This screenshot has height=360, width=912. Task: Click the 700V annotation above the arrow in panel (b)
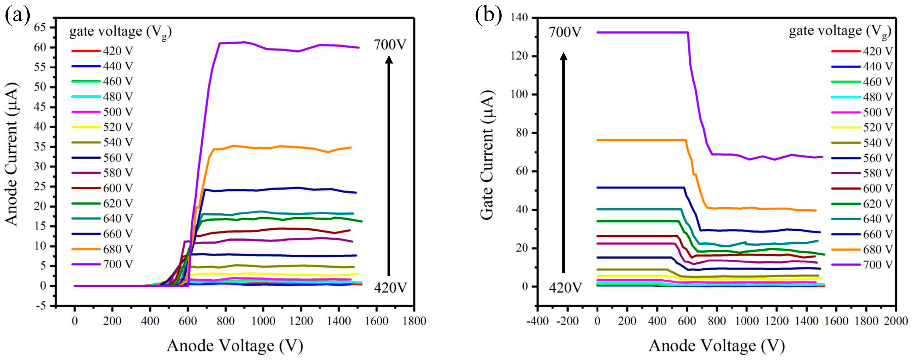click(x=565, y=32)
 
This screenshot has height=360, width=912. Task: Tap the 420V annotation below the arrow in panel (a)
click(x=390, y=289)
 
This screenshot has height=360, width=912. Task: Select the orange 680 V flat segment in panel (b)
click(x=641, y=140)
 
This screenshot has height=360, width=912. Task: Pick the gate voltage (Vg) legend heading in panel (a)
click(x=120, y=32)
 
